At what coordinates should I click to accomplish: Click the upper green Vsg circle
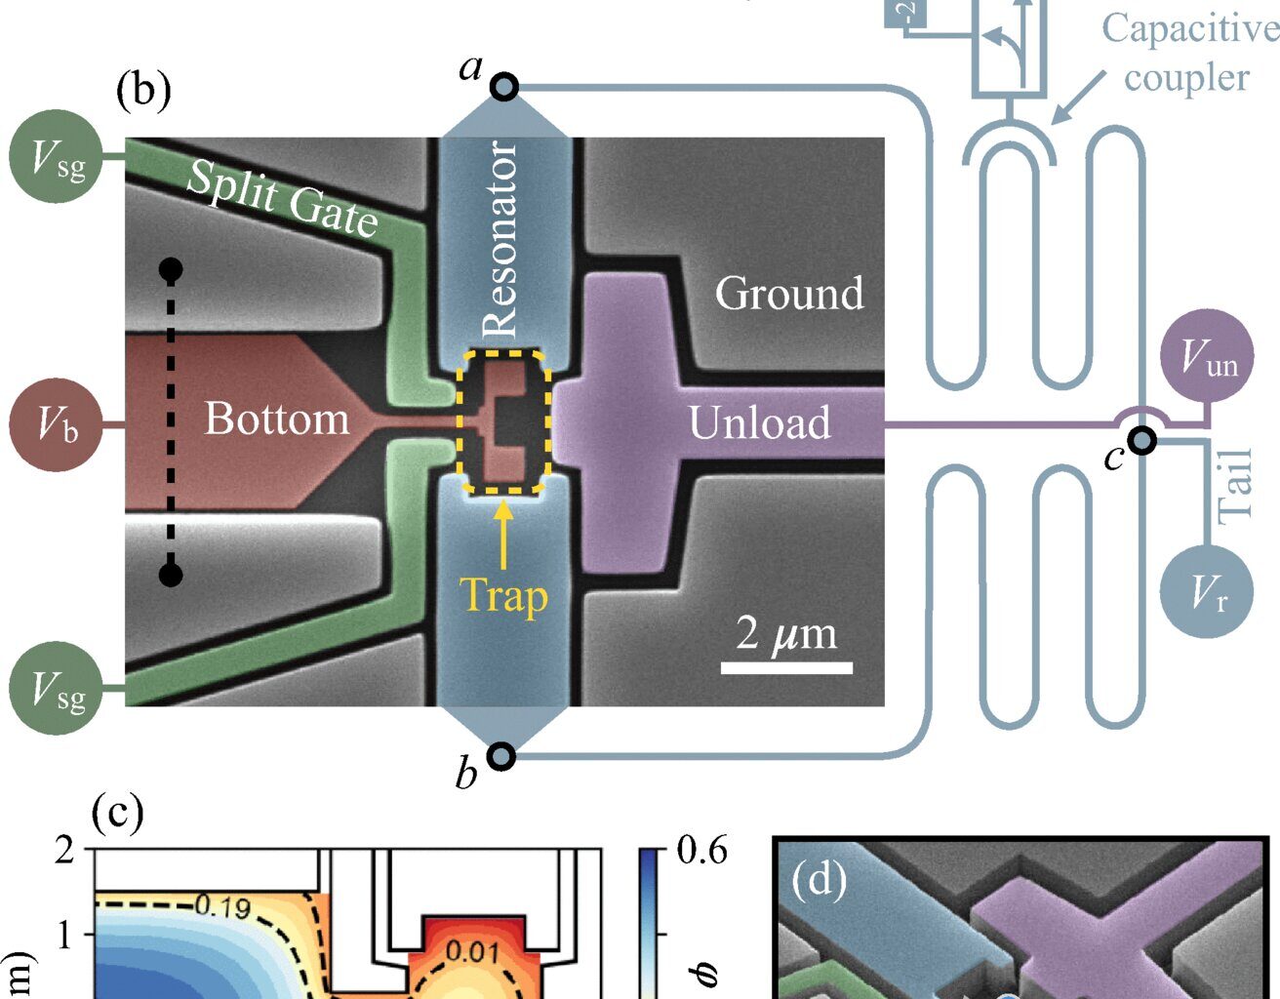pyautogui.click(x=57, y=156)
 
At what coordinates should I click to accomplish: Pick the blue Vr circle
pyautogui.click(x=1208, y=589)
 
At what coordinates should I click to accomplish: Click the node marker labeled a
pyautogui.click(x=503, y=87)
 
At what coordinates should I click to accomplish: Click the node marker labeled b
pyautogui.click(x=500, y=755)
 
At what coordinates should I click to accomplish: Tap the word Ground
pyautogui.click(x=789, y=293)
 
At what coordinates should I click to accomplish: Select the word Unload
pyautogui.click(x=759, y=422)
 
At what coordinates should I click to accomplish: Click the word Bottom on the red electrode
pyautogui.click(x=276, y=419)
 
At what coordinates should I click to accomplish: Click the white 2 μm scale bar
pyautogui.click(x=786, y=668)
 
